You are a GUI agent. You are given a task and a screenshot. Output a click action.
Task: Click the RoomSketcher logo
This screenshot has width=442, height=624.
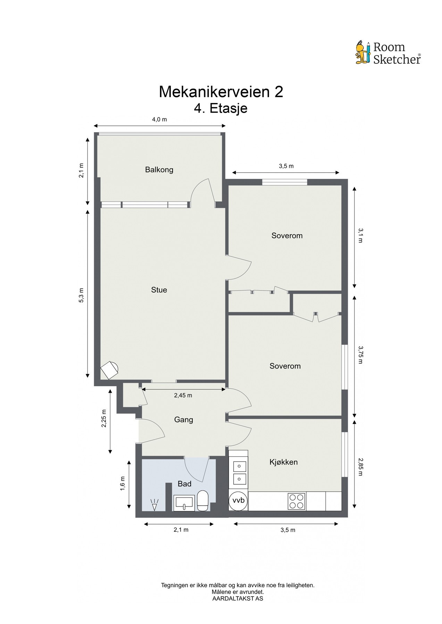(x=388, y=53)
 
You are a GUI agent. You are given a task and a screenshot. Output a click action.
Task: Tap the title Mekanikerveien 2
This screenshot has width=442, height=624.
(x=221, y=92)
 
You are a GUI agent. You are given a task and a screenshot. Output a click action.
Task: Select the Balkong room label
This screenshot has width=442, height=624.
(x=159, y=170)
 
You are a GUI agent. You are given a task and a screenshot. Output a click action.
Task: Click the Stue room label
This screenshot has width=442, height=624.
(x=159, y=290)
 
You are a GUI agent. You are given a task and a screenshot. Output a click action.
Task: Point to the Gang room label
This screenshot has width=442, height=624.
(x=183, y=420)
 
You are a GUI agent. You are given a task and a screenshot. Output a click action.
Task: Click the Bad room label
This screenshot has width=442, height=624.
(x=184, y=484)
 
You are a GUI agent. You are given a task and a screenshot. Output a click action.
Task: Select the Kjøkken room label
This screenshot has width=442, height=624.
(x=284, y=462)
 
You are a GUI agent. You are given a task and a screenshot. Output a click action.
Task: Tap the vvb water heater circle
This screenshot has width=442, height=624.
(x=238, y=501)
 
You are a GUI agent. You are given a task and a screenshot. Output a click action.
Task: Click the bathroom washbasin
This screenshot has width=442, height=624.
(x=184, y=503)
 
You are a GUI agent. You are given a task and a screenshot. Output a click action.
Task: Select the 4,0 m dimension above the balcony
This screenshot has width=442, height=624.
(x=159, y=120)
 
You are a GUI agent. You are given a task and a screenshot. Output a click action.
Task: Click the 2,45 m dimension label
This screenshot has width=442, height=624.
(x=183, y=395)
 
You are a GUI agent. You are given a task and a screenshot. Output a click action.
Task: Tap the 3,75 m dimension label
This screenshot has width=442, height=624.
(x=360, y=355)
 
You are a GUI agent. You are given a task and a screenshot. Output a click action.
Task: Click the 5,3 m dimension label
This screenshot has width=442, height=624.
(x=81, y=295)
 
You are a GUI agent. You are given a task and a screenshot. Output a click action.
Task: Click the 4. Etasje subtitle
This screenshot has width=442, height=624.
(x=221, y=109)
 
